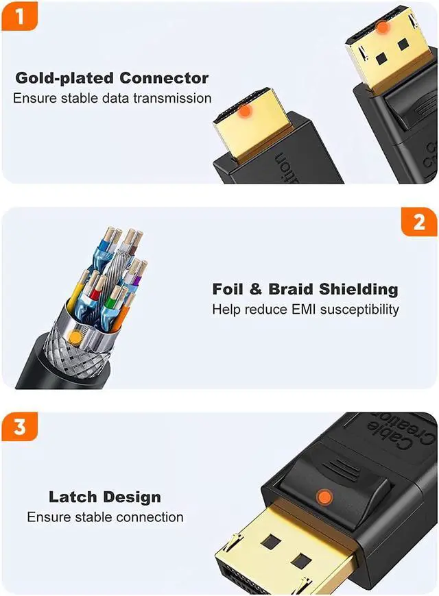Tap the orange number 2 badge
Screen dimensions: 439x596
click(x=419, y=221)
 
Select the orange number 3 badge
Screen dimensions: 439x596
click(x=20, y=427)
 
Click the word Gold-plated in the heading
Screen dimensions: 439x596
click(x=64, y=78)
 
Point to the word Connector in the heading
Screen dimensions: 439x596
click(x=164, y=78)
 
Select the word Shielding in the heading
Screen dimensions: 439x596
click(x=359, y=290)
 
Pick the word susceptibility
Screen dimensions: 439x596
click(x=359, y=310)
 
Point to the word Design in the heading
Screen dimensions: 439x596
click(x=132, y=497)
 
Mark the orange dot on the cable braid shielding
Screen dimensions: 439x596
click(x=75, y=337)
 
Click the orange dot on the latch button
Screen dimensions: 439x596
click(x=324, y=497)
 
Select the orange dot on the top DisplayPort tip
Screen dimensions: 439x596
click(x=382, y=27)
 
